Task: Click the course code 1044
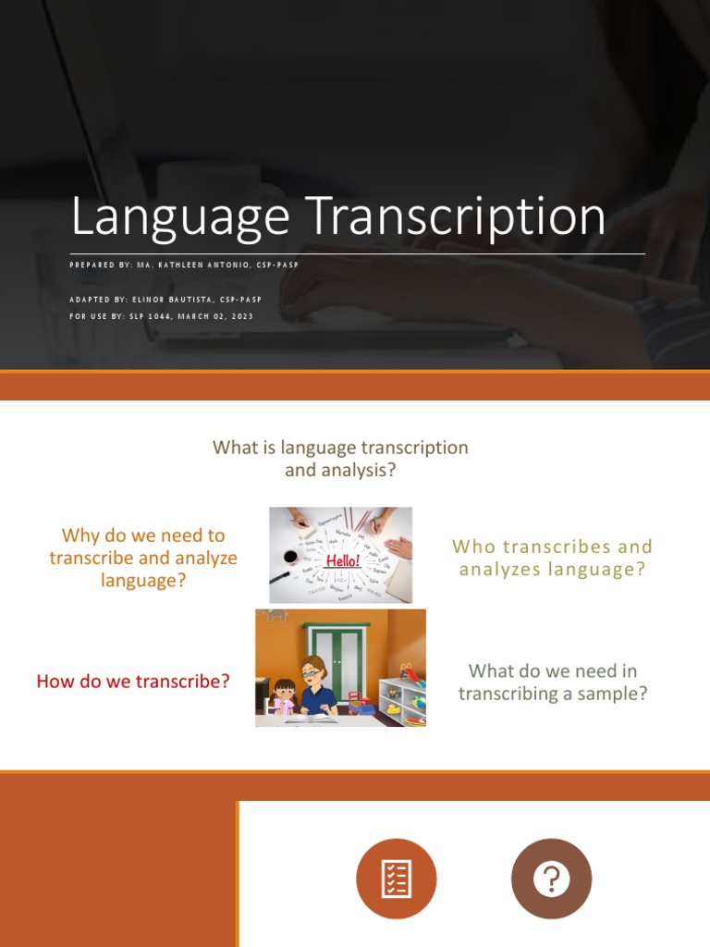(163, 316)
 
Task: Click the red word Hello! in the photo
(341, 560)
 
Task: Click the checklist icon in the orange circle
(397, 879)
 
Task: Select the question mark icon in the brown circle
(552, 879)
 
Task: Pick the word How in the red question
(55, 683)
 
